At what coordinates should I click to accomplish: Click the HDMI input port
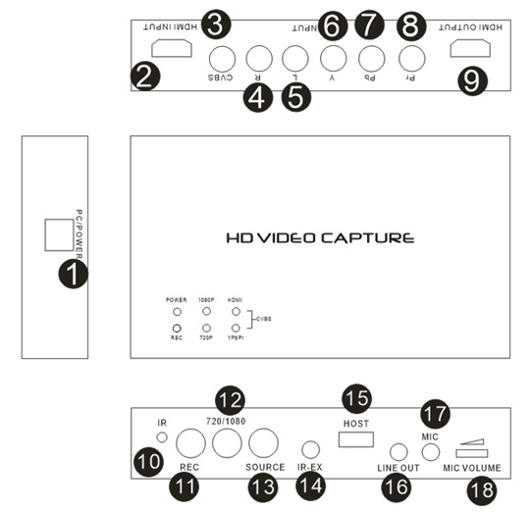tap(172, 48)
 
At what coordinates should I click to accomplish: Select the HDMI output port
tap(470, 48)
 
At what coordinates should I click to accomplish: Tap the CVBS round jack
tap(222, 59)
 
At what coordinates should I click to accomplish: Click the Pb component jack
tap(371, 59)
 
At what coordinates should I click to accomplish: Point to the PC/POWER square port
tap(59, 234)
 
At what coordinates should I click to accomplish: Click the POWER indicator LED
tap(177, 312)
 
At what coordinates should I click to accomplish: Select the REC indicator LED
tap(177, 328)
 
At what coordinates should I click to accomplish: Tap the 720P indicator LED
tap(206, 328)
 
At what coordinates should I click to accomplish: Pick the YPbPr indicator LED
tap(236, 328)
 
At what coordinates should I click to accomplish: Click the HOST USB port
tap(356, 439)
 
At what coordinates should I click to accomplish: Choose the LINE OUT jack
tap(398, 452)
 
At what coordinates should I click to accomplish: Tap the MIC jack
tap(431, 452)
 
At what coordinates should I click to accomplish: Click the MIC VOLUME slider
tap(472, 453)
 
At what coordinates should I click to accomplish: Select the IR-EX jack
tap(310, 450)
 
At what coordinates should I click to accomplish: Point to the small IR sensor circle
tap(162, 437)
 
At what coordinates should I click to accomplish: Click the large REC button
tap(190, 443)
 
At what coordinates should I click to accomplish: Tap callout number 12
tap(231, 400)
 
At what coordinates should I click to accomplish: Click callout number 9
tap(472, 80)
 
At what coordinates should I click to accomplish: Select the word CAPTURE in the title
tap(367, 238)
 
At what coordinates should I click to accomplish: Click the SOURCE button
tap(263, 443)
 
